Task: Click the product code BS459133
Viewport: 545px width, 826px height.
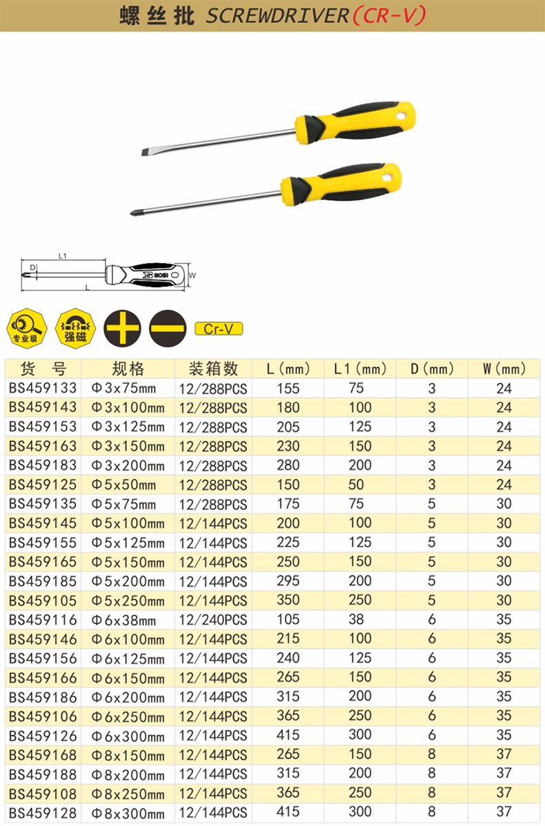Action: pyautogui.click(x=43, y=389)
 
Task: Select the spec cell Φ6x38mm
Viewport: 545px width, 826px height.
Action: pyautogui.click(x=123, y=620)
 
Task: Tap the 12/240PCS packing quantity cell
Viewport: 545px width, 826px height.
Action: pyautogui.click(x=212, y=620)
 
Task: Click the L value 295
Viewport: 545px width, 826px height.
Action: pyautogui.click(x=288, y=581)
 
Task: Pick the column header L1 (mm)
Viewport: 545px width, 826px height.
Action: pyautogui.click(x=360, y=368)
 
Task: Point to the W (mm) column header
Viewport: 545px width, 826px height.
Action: pyautogui.click(x=504, y=368)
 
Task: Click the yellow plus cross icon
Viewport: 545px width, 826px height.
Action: pyautogui.click(x=122, y=328)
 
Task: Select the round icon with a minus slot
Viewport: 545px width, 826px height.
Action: pyautogui.click(x=168, y=328)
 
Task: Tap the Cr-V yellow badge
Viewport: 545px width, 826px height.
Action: pyautogui.click(x=219, y=328)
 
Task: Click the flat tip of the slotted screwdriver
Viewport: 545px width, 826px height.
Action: pyautogui.click(x=143, y=153)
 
